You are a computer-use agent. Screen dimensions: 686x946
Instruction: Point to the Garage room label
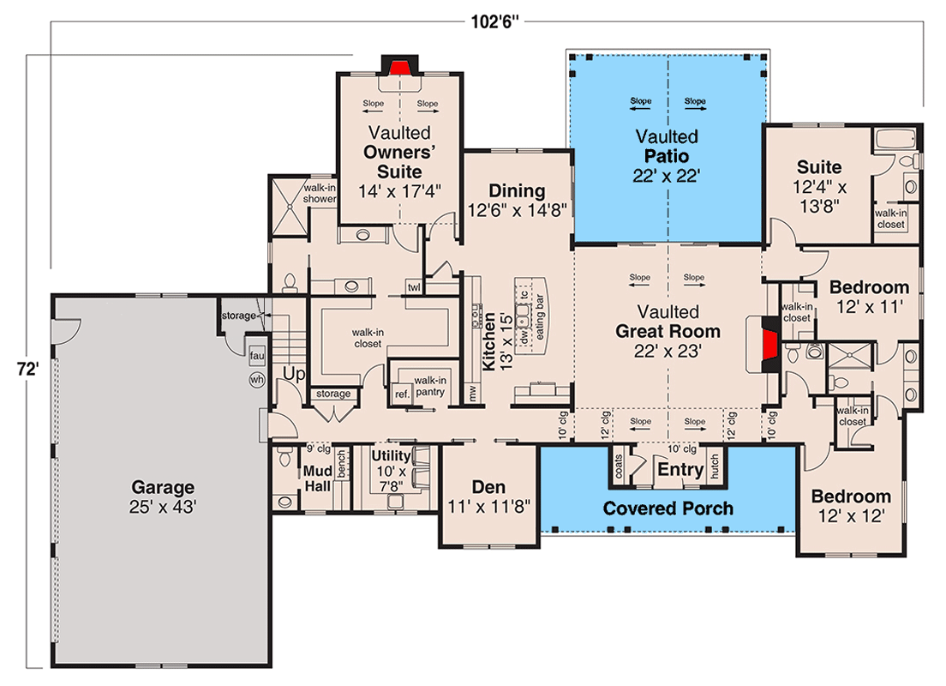pos(163,488)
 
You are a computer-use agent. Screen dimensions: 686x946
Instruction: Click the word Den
pos(489,487)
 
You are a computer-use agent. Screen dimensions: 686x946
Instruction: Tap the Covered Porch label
pos(668,508)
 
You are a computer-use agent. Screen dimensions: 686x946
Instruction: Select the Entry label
pos(680,469)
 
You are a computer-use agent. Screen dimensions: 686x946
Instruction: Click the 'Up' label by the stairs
pos(294,375)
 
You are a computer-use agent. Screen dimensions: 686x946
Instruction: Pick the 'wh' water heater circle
pos(255,379)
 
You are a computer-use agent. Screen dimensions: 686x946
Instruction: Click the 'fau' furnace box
pos(256,354)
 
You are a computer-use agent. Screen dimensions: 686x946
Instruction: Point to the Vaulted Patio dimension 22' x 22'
pos(667,176)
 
